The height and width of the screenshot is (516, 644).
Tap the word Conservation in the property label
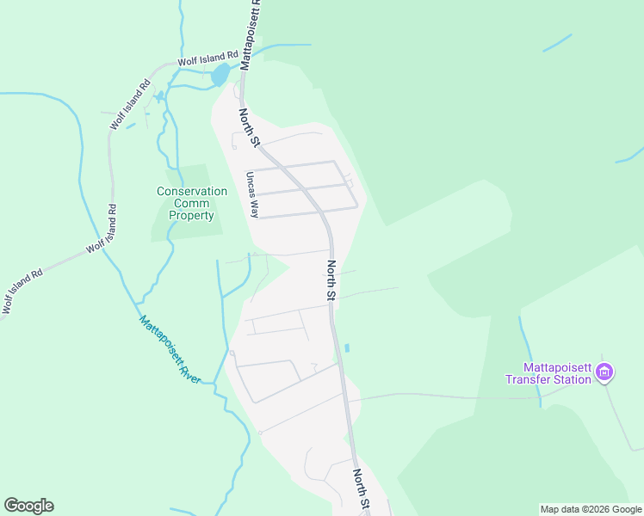(192, 192)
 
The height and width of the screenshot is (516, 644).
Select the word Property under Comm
(191, 216)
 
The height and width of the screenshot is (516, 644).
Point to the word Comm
(192, 204)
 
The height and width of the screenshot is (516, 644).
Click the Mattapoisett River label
(170, 351)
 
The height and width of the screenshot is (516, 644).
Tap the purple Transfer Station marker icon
(604, 372)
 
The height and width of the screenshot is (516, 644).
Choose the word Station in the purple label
(572, 379)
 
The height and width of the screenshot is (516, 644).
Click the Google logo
(28, 506)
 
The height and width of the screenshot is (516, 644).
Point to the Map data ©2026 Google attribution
(591, 509)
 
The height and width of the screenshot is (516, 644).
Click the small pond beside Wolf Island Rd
(220, 75)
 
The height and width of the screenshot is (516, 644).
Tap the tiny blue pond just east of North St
(346, 348)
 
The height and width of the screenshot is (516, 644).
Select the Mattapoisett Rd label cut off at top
(251, 34)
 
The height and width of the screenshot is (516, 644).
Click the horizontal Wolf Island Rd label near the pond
(207, 62)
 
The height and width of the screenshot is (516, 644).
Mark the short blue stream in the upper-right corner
(557, 42)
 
